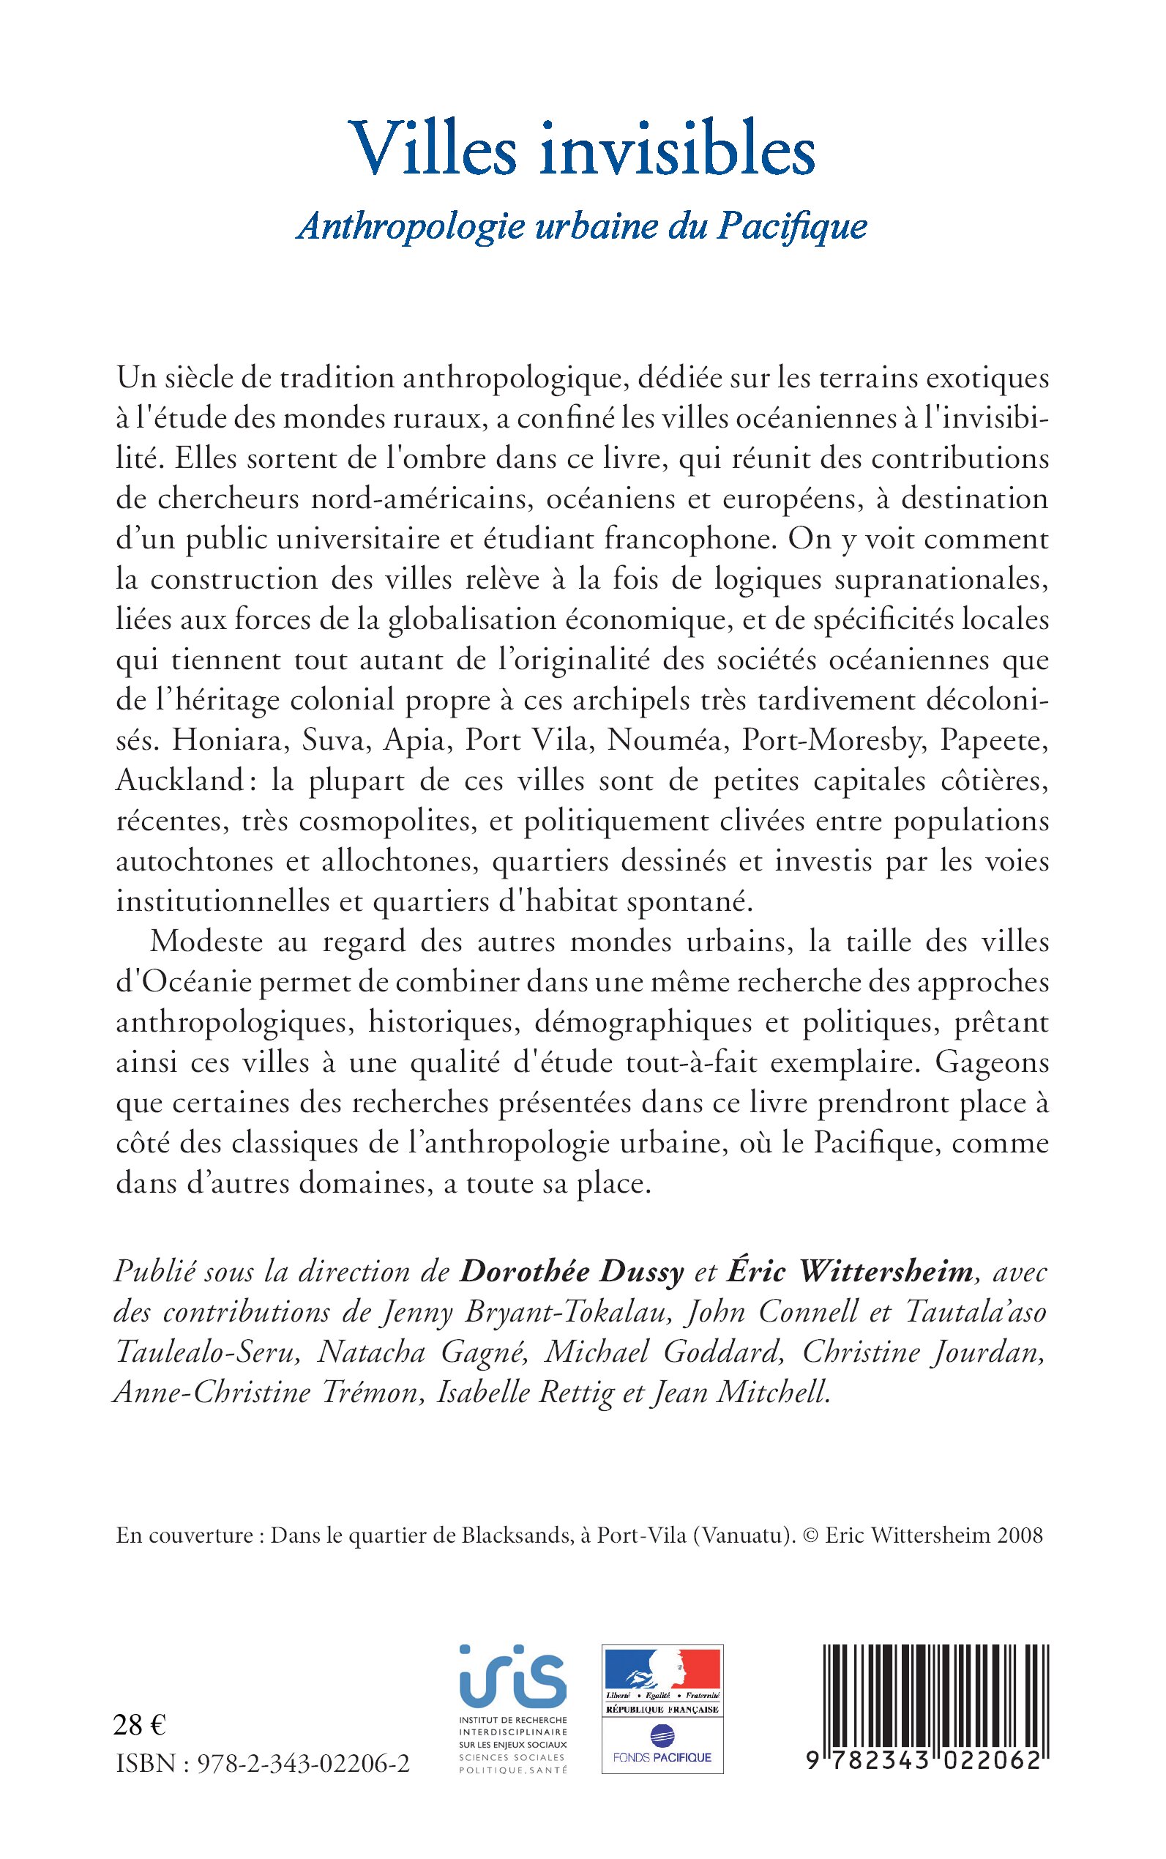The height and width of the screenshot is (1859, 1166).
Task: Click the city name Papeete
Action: click(x=999, y=739)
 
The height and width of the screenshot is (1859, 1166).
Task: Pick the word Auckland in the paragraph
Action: click(x=179, y=780)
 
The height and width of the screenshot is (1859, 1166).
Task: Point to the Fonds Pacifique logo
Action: click(x=662, y=1756)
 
